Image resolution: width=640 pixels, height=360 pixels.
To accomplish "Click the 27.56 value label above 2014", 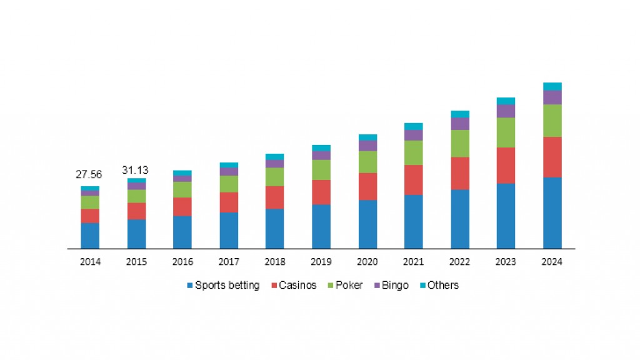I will (x=89, y=174).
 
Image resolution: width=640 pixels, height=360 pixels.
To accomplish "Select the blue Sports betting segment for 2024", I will (x=552, y=212).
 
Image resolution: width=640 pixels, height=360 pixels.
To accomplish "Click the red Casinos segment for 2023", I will (x=506, y=165).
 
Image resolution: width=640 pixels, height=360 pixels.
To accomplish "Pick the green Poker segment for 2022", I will (x=460, y=143).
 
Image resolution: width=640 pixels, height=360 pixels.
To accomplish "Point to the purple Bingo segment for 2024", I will (x=552, y=97).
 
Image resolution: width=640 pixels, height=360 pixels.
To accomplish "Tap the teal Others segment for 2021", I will (x=413, y=126).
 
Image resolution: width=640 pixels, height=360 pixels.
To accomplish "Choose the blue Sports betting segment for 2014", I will (x=90, y=235).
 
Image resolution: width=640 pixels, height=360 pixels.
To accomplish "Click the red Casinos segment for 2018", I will (x=274, y=197).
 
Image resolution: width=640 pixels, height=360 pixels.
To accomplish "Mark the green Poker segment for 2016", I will (x=182, y=189).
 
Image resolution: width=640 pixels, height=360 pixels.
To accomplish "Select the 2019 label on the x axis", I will (x=321, y=262).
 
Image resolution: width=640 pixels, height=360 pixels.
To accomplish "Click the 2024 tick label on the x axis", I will (x=552, y=262).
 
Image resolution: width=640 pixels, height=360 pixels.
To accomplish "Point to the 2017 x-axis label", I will (x=229, y=262).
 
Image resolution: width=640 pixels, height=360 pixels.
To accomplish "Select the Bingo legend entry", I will (x=391, y=286).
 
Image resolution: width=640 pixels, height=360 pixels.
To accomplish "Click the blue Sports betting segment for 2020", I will (x=367, y=224).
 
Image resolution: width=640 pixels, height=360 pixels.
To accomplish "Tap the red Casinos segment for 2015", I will (x=136, y=211).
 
